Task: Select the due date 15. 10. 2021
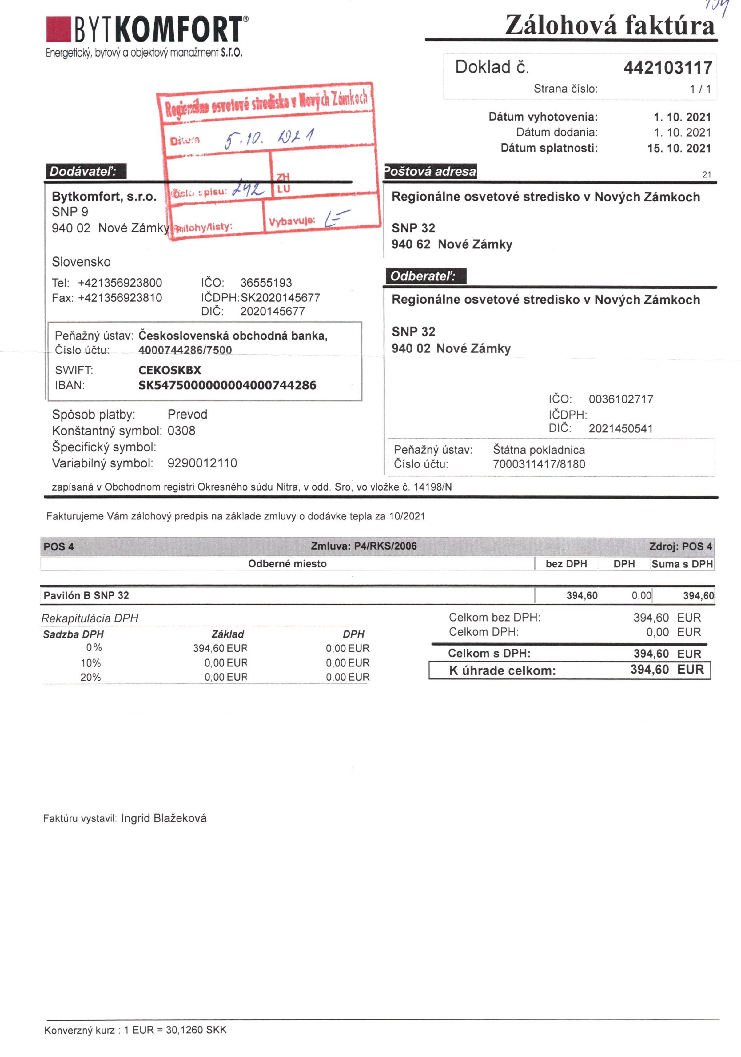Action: [x=679, y=148]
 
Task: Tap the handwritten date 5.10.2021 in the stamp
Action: [x=269, y=137]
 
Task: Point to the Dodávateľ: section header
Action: [x=85, y=172]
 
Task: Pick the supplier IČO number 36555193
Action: [x=266, y=283]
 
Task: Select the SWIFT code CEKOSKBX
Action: [x=169, y=370]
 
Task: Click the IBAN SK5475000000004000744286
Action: [x=227, y=385]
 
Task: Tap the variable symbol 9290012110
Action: [x=202, y=463]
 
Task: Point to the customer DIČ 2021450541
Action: [x=620, y=429]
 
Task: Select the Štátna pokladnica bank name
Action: [x=538, y=450]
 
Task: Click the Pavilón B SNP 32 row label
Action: [x=86, y=595]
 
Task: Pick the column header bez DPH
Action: [x=566, y=564]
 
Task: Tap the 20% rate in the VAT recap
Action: [x=90, y=677]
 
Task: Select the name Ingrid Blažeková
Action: [x=164, y=818]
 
